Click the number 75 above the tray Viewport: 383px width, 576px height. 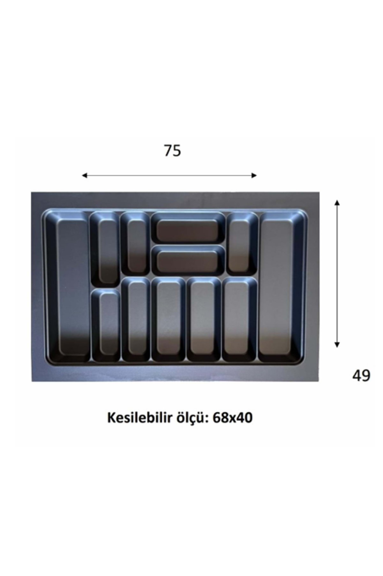pos(173,150)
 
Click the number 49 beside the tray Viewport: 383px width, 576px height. pos(361,375)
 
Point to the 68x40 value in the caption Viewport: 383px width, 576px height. pos(231,418)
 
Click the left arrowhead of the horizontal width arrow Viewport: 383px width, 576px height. pos(85,175)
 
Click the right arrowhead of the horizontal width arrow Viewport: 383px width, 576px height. pos(254,175)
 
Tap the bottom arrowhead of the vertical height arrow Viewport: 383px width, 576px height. pos(337,344)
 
